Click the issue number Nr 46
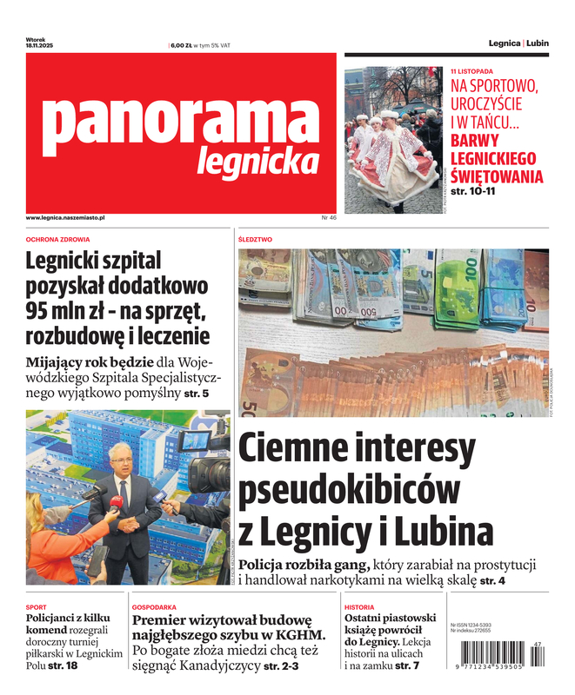pos(328,217)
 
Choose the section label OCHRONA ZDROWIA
pos(58,239)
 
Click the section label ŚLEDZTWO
pos(255,239)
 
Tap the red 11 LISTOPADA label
pos(471,70)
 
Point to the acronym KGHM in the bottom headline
pos(298,635)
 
